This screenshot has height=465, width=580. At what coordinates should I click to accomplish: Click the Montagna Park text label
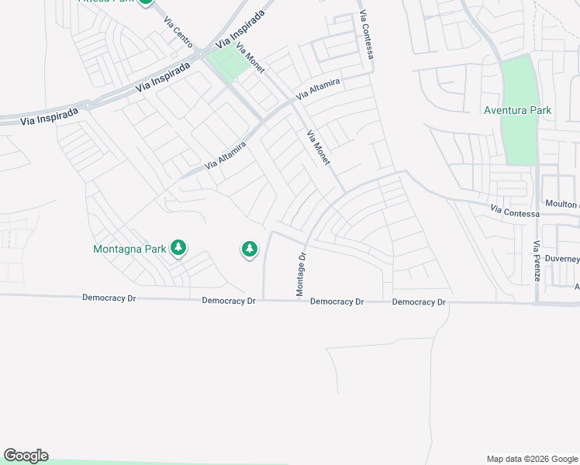point(129,250)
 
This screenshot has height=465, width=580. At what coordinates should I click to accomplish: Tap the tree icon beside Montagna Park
point(179,248)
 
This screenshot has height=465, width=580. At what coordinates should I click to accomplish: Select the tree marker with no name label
point(249,249)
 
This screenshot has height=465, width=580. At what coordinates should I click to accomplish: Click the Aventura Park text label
point(517,111)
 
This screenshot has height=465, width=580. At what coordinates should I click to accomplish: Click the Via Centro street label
point(178,32)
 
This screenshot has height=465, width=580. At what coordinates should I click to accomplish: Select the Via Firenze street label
point(537,266)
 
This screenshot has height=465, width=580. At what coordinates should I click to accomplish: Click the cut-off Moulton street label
point(562,204)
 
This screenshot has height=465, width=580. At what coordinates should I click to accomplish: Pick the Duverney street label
point(562,259)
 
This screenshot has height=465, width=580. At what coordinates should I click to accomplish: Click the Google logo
point(26,456)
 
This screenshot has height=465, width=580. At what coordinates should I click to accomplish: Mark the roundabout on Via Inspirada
point(87,105)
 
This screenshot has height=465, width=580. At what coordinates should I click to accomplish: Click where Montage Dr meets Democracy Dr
point(302,301)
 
